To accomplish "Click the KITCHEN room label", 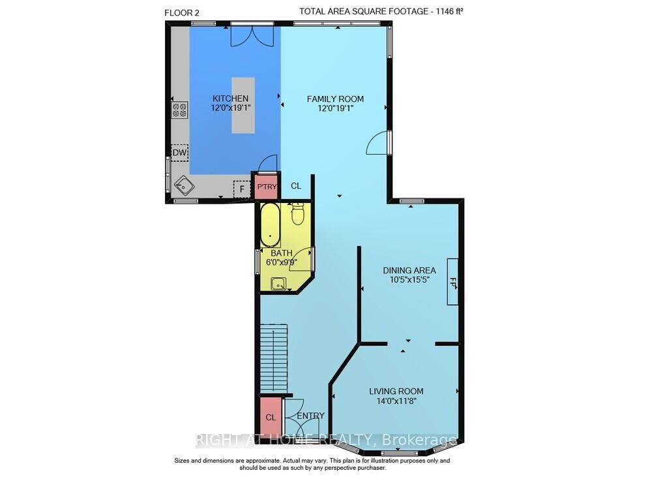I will tap(230, 99).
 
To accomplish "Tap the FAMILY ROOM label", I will tap(335, 99).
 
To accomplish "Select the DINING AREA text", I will tap(409, 270).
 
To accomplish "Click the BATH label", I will tap(282, 253).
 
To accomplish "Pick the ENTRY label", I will tap(310, 416).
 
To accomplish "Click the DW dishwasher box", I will tap(179, 153).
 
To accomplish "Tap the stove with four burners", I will tap(179, 110).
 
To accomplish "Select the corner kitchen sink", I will tap(184, 187).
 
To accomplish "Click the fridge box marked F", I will tap(242, 189).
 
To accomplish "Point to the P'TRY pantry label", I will tap(267, 187).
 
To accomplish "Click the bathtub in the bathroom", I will tap(270, 225).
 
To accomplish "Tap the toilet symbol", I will tap(298, 213).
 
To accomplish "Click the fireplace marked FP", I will tap(452, 282).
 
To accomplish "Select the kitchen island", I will tap(243, 104).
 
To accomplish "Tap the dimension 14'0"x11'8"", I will tap(393, 401).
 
